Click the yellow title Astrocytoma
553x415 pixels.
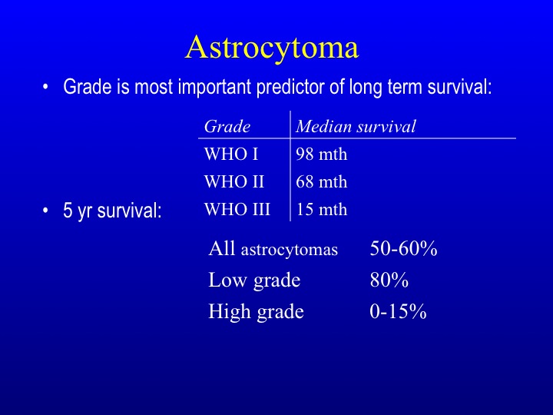pos(272,48)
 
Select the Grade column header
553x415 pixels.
pos(227,126)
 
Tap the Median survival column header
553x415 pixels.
pos(356,126)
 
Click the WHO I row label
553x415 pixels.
pos(231,154)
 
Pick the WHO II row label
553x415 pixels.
pos(233,181)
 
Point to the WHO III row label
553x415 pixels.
pos(237,209)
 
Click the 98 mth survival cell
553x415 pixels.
pos(321,154)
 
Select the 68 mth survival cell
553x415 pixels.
pos(321,181)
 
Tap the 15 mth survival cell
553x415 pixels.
pos(321,209)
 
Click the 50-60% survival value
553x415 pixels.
pos(403,248)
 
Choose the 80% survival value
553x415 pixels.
pos(389,280)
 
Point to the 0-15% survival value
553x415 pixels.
pos(398,311)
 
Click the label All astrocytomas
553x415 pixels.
pos(273,248)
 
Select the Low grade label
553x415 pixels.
pos(254,281)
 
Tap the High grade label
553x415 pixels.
pos(256,312)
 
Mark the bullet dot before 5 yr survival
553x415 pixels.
pos(45,211)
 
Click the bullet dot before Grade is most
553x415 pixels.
pos(45,87)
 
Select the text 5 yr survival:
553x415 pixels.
pos(112,211)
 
